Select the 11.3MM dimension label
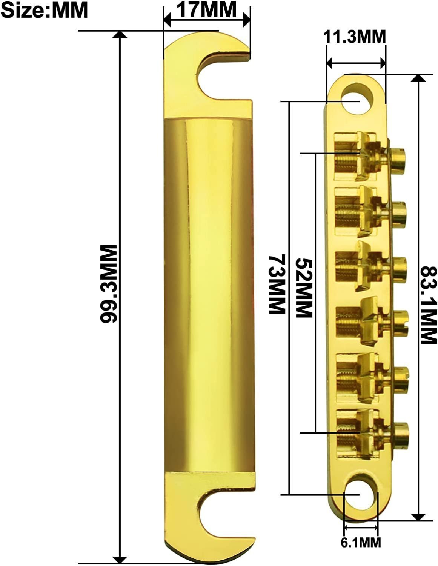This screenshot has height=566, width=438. [x=354, y=37]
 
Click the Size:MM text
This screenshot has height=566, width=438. [x=45, y=10]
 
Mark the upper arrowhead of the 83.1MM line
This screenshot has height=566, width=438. [x=417, y=78]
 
